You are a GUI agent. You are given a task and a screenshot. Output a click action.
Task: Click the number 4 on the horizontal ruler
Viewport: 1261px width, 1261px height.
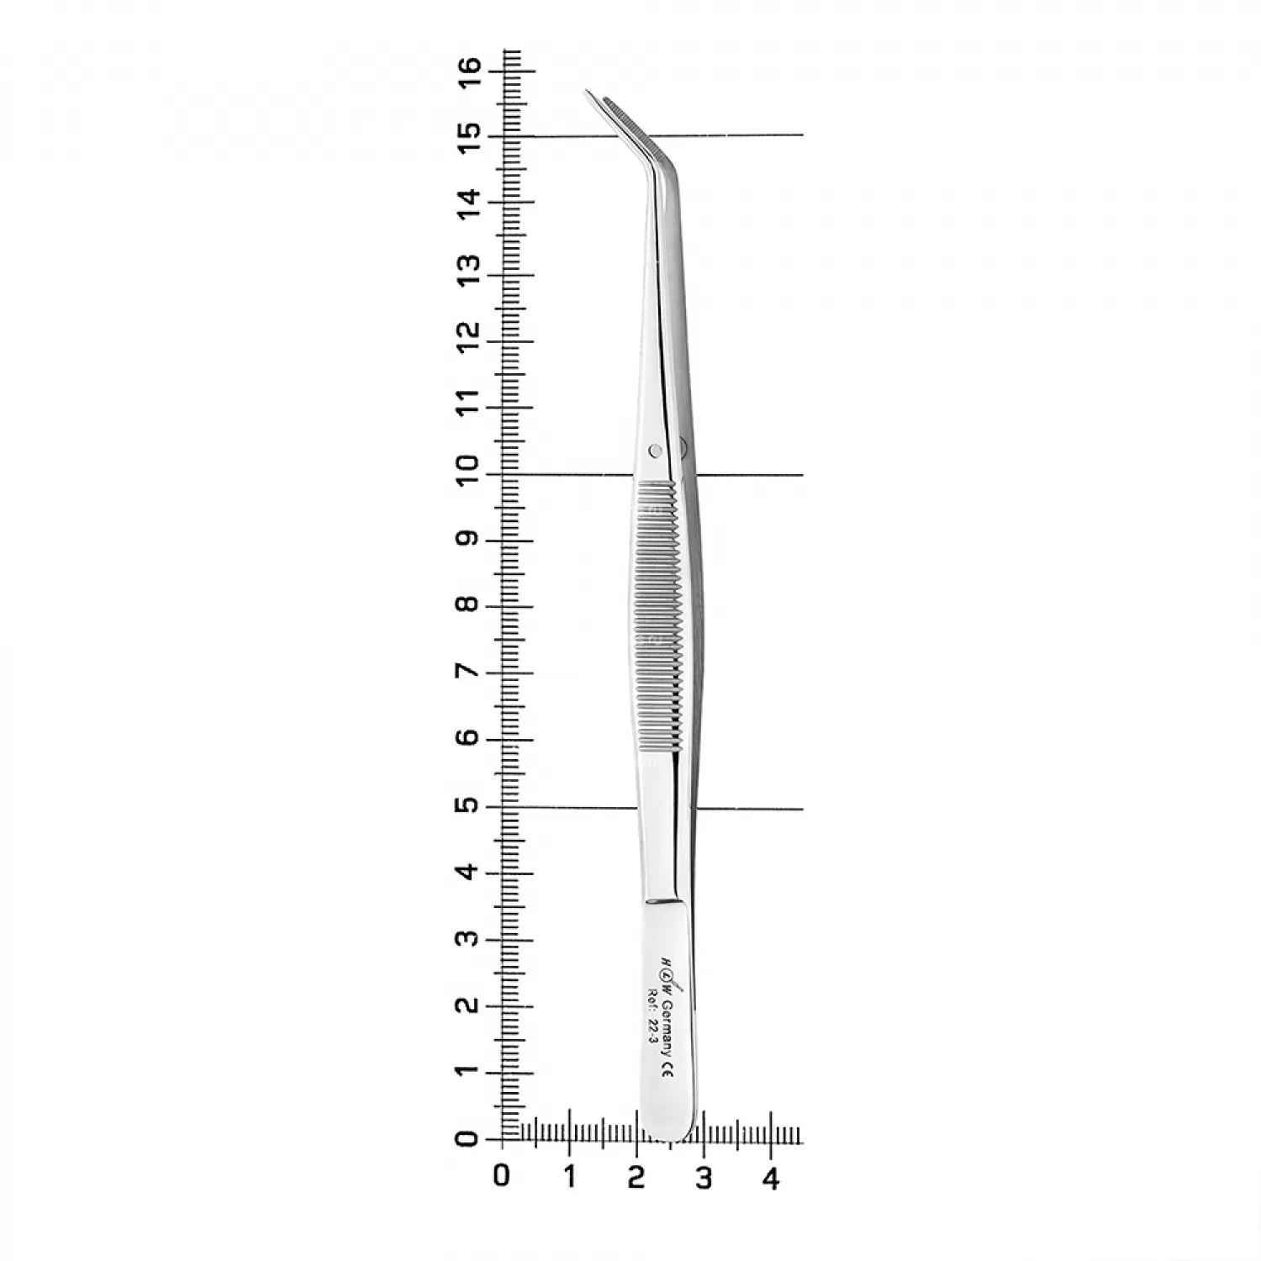point(771,1177)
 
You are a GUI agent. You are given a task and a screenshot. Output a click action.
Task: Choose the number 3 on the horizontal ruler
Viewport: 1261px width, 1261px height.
point(704,1177)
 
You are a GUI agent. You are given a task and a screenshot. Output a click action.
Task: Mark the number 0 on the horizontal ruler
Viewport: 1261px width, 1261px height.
point(502,1175)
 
